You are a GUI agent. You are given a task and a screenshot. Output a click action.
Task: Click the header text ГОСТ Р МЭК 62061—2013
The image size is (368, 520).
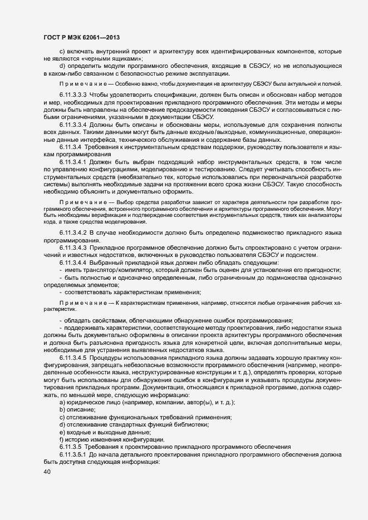(x=82, y=38)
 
